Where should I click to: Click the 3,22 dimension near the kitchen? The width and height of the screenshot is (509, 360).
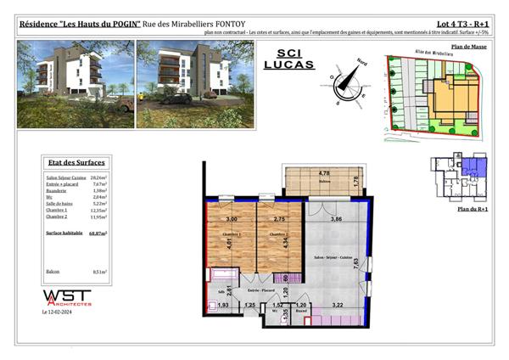pyautogui.click(x=338, y=304)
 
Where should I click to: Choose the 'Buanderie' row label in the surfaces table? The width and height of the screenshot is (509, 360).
pyautogui.click(x=59, y=193)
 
